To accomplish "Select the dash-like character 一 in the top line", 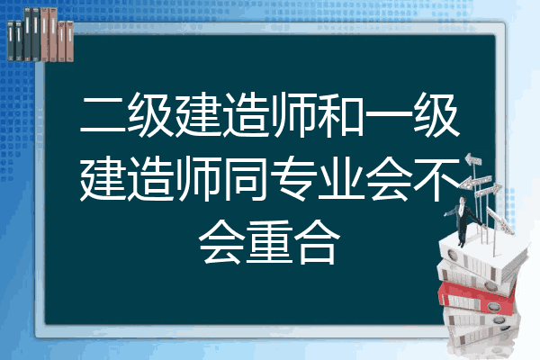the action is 389,114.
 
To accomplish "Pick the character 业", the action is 342,178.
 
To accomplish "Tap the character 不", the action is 436,178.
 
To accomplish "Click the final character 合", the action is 317,242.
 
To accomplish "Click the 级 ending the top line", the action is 436,114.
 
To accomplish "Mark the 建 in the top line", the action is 199,114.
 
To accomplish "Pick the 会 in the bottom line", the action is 222,242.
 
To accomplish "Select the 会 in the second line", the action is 389,178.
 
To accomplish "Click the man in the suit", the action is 463,220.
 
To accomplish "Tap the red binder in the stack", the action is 476,298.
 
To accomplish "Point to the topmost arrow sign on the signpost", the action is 472,160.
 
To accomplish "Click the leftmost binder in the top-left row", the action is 11,40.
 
